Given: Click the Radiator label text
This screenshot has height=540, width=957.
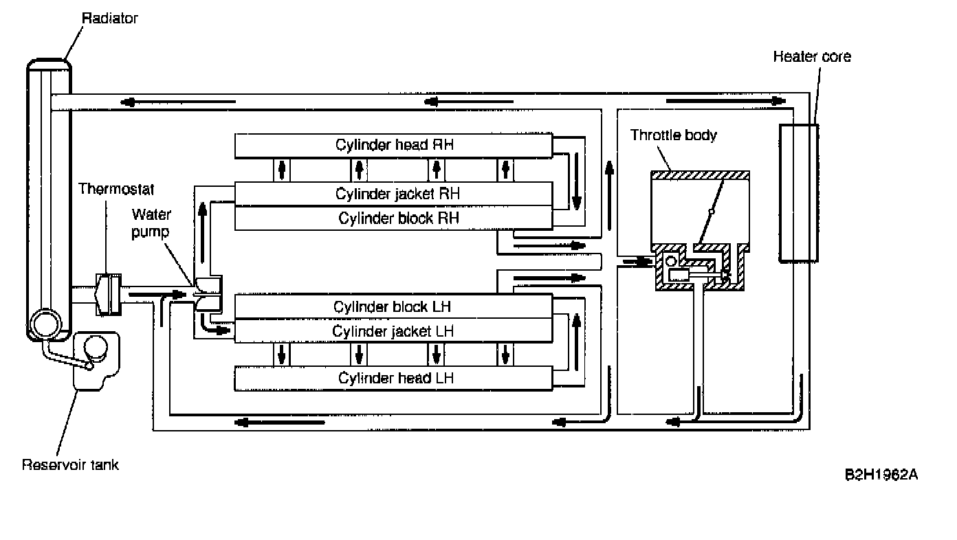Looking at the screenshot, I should point(109,19).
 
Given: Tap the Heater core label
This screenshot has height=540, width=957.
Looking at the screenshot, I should point(811,56).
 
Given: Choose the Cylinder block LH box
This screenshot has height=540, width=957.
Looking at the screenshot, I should point(393,306).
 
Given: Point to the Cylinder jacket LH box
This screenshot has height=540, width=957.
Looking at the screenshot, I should point(393,330).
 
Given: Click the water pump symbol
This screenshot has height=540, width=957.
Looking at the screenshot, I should point(208,294).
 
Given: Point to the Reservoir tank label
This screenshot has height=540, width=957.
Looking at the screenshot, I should point(70,464).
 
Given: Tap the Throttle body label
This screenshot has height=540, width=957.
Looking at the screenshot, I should point(674,135).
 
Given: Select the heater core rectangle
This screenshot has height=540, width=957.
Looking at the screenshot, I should point(798,192).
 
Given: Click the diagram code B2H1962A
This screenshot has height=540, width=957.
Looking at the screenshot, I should point(881,474).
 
